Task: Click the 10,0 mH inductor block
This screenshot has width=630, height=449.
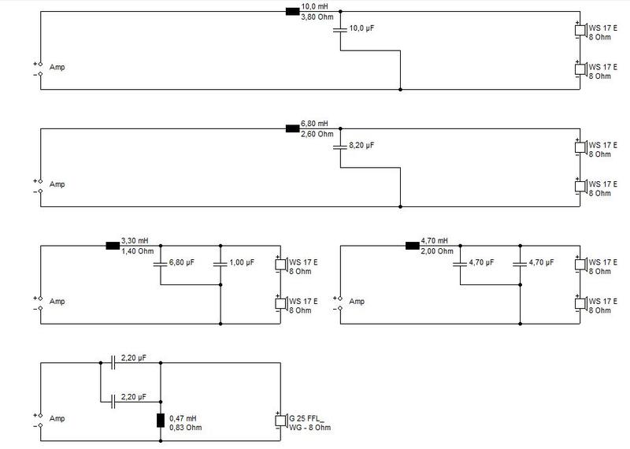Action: coord(292,12)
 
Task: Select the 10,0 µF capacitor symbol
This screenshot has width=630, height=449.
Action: coord(340,30)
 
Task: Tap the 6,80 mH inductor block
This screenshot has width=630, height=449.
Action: coord(292,128)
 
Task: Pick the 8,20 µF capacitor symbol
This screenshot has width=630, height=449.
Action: coord(340,147)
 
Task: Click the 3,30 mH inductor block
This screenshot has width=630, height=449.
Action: coord(113,246)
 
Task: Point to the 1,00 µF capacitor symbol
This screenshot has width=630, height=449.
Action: coord(220,264)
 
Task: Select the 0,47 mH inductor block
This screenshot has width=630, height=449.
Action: coord(161,421)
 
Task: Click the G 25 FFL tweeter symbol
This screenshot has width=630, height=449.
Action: coord(282,421)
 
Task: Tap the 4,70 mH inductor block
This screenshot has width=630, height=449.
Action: coord(413,246)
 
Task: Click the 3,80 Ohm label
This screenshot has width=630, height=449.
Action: coord(317,17)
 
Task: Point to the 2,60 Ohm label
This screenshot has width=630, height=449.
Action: coord(317,134)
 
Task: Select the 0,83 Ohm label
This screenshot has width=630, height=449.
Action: coord(186,427)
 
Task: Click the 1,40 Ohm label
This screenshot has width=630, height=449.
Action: coord(137,251)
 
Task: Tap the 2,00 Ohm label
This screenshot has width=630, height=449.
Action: coord(437,251)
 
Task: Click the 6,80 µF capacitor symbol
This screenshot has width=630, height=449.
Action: coord(161,264)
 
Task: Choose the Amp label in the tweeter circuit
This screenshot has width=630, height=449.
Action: coord(57,418)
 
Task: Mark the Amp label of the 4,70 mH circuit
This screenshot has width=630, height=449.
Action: coord(357,302)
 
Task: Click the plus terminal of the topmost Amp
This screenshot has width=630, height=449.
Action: coord(40,64)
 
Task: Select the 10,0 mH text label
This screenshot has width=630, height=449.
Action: coord(314,6)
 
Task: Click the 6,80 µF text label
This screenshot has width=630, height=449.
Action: coord(182,262)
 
